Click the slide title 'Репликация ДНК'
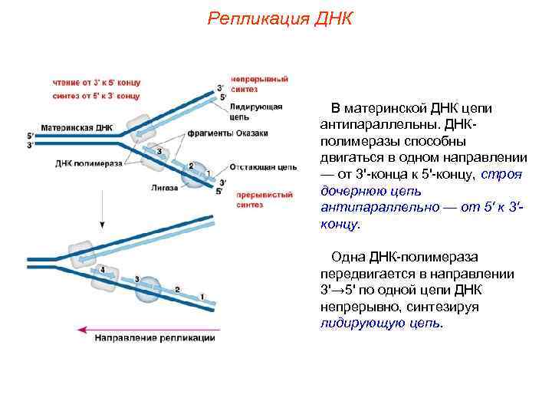pyautogui.click(x=279, y=19)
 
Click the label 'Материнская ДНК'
pyautogui.click(x=77, y=127)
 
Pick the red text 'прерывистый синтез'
pyautogui.click(x=262, y=199)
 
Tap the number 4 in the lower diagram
pyautogui.click(x=103, y=270)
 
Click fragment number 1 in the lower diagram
pyautogui.click(x=202, y=295)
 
